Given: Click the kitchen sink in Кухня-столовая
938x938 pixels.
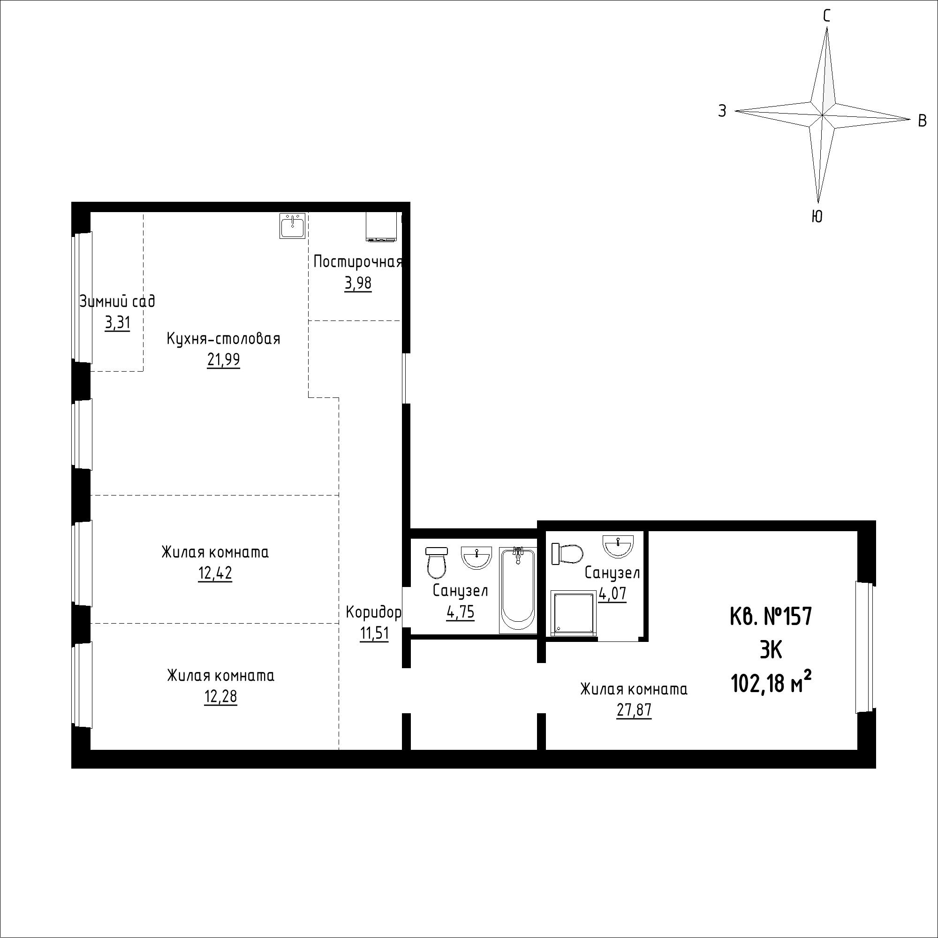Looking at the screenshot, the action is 292,226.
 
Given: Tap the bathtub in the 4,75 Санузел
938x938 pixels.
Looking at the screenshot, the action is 518,590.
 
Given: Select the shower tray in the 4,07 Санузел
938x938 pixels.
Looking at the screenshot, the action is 573,613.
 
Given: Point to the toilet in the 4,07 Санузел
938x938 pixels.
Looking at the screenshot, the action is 567,554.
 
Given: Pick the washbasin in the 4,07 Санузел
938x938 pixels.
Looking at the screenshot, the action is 618,546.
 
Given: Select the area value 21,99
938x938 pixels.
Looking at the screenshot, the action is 223,360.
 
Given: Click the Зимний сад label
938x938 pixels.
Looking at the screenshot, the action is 118,302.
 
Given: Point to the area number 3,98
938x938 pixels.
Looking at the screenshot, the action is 358,283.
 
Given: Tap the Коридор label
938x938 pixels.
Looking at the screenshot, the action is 373,612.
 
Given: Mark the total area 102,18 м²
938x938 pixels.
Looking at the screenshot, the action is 772,684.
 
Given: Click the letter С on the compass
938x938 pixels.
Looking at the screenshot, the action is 826,16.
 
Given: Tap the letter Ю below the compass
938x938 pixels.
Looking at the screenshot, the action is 817,216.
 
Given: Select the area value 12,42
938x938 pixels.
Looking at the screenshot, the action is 215,574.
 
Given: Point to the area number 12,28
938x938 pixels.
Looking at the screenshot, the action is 221,697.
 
